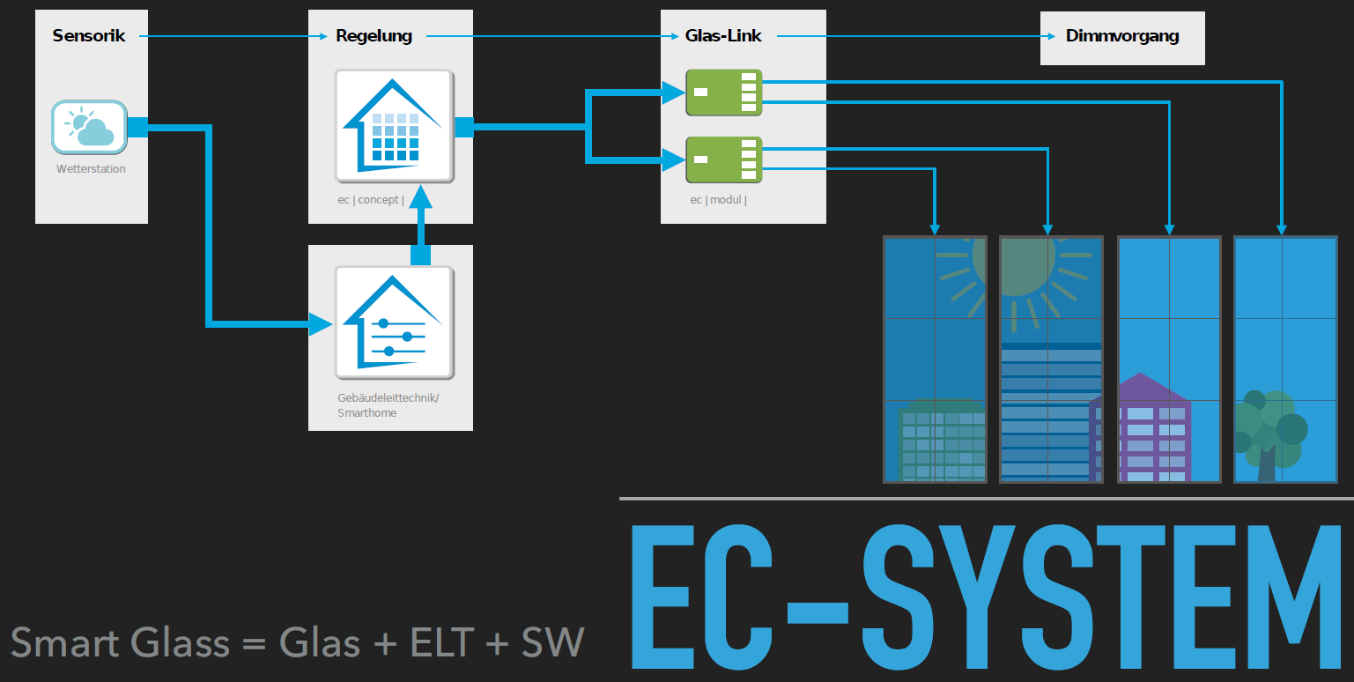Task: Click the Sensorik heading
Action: (89, 36)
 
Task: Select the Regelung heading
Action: (374, 36)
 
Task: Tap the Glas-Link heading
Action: (723, 36)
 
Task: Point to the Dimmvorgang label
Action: (1121, 36)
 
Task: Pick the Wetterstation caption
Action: (91, 168)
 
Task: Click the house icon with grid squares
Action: (394, 126)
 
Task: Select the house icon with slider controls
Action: (394, 323)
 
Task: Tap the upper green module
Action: (724, 92)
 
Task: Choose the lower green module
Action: (724, 159)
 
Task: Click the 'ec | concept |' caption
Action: (370, 200)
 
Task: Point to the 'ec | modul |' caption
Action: (717, 200)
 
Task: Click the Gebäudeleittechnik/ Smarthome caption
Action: (388, 405)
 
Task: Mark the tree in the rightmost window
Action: (1269, 432)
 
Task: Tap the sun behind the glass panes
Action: (1013, 264)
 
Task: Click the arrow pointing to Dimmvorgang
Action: (916, 36)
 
